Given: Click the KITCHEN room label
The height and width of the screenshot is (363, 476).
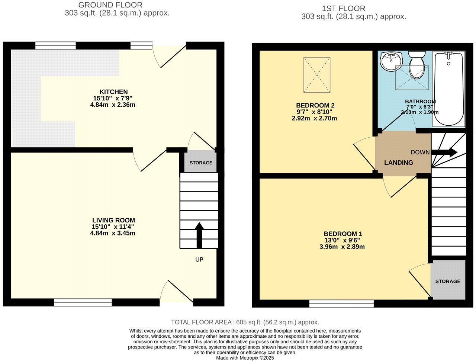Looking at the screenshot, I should click(113, 92).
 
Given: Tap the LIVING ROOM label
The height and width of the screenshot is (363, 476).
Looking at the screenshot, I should click(113, 220).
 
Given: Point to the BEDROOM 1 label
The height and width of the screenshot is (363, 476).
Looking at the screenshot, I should click(344, 234).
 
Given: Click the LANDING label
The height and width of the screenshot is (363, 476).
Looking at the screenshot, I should click(398, 163).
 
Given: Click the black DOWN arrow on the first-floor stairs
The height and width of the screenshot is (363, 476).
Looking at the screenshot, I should click(444, 152).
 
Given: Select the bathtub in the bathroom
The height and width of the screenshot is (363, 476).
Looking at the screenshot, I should click(449, 89).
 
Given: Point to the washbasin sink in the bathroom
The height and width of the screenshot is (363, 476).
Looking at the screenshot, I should click(390, 61).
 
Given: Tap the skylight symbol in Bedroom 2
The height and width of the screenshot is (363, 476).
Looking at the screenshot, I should click(317, 75).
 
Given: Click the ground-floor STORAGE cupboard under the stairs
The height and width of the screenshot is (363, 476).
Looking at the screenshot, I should click(201, 163).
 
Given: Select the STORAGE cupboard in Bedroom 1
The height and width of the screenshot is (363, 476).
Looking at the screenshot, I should click(448, 281).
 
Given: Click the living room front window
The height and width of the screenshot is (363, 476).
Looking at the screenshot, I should click(83, 302).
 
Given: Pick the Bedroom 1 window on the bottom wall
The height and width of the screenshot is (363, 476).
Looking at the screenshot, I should click(341, 303).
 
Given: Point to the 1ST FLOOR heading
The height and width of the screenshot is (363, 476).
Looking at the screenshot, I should click(343, 8).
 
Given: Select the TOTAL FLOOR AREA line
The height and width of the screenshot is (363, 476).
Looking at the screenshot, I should click(245, 322).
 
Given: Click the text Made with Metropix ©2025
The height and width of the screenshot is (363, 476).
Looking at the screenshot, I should click(245, 358).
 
